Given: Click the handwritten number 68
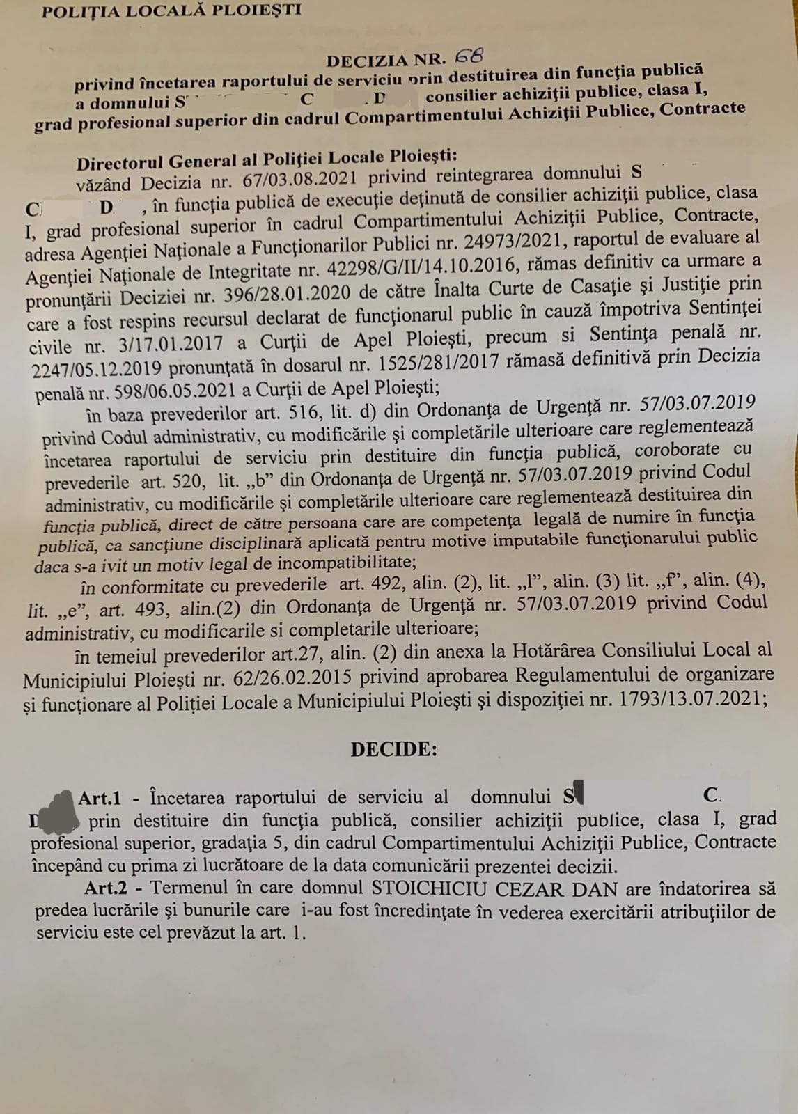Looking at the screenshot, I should pyautogui.click(x=468, y=55).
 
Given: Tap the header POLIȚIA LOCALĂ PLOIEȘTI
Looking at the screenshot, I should pyautogui.click(x=171, y=10).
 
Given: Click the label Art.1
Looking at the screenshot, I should pyautogui.click(x=100, y=798).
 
